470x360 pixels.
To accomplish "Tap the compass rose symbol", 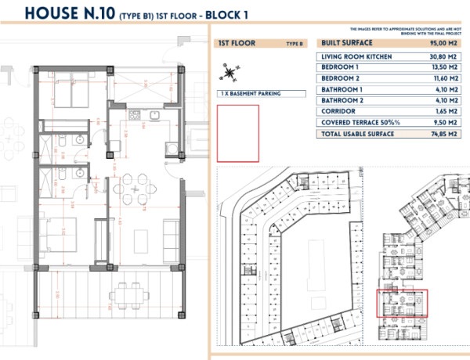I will click(229, 74).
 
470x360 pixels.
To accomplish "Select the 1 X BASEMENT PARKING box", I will click(250, 93).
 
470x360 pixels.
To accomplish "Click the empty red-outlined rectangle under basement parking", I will click(237, 133).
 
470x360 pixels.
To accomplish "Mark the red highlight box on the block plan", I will click(403, 304).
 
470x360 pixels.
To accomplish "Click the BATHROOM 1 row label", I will click(343, 90).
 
